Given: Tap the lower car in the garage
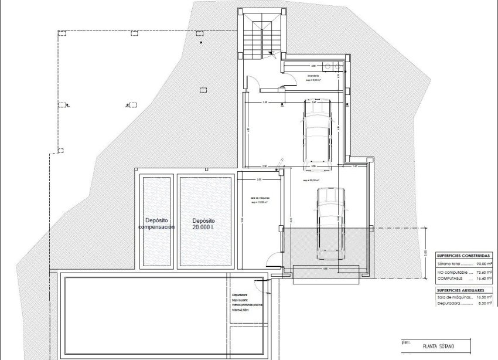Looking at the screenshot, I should coord(328,222).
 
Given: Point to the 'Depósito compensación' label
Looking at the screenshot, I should coord(156,223).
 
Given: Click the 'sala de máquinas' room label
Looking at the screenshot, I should coord(259,201).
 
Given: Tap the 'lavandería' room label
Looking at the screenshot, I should coord(313,77).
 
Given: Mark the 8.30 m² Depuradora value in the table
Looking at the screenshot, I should coord(484,304).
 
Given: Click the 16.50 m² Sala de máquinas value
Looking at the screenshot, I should coord(484,298).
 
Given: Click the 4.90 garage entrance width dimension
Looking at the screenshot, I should coord(325,269).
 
